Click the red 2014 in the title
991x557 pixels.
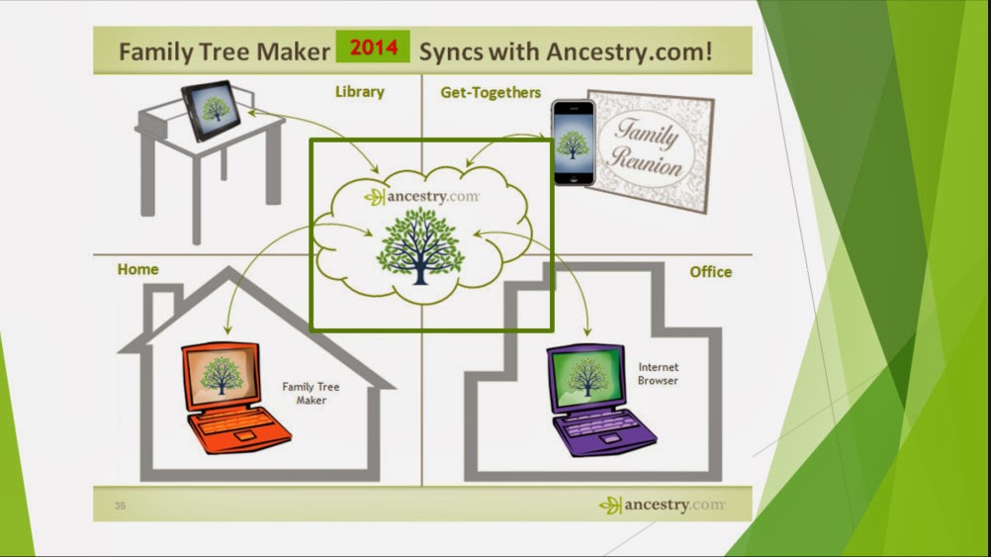pyautogui.click(x=372, y=47)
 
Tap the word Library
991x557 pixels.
pyautogui.click(x=359, y=92)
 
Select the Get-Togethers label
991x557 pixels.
pyautogui.click(x=491, y=92)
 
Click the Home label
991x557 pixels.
pyautogui.click(x=137, y=269)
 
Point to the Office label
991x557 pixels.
pyautogui.click(x=711, y=271)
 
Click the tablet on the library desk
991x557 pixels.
pyautogui.click(x=212, y=109)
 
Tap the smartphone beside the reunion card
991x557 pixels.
pyautogui.click(x=573, y=142)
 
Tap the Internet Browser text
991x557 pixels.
pyautogui.click(x=658, y=374)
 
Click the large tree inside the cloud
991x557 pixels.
pyautogui.click(x=420, y=245)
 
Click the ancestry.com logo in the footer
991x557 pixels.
pyautogui.click(x=661, y=505)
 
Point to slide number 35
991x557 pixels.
pyautogui.click(x=120, y=507)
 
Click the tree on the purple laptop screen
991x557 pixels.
pyautogui.click(x=588, y=376)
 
